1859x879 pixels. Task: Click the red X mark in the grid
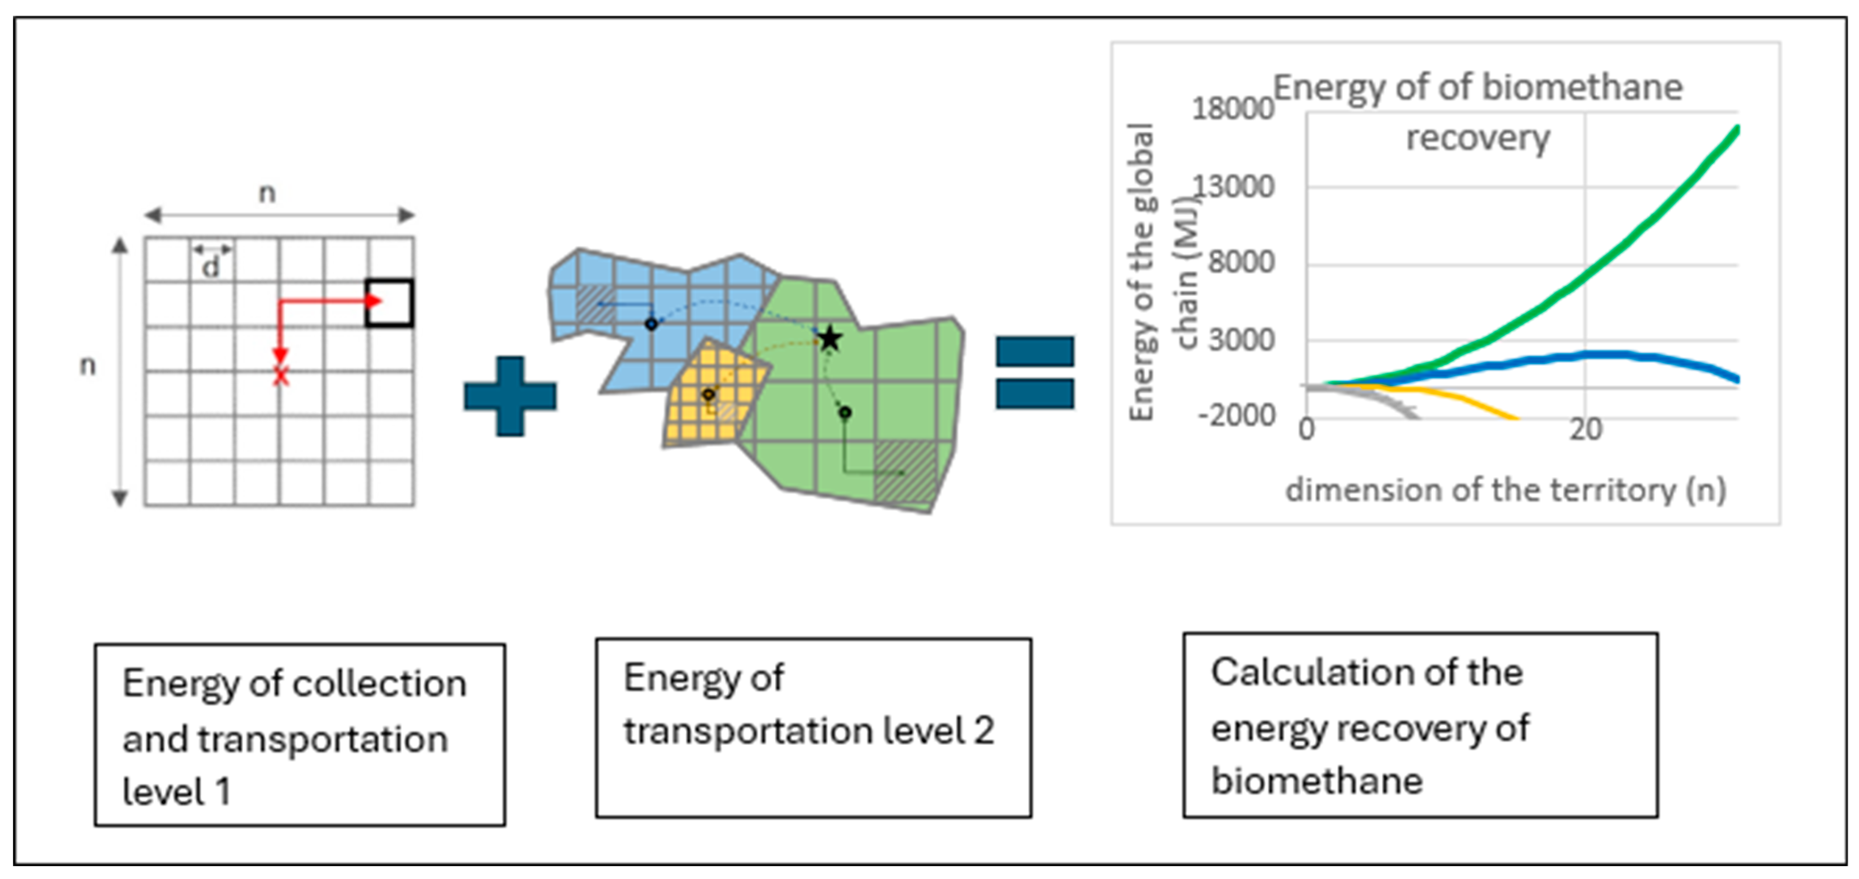pos(281,375)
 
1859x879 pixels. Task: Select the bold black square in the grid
pos(390,303)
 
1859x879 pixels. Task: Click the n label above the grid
pos(267,193)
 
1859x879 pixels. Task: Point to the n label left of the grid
pos(87,366)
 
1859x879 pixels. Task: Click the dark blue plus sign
pos(510,396)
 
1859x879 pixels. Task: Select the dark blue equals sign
pos(1034,372)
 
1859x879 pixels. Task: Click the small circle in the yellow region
pos(708,394)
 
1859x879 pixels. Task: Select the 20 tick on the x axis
pos(1585,430)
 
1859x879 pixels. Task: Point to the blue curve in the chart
pos(1624,354)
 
